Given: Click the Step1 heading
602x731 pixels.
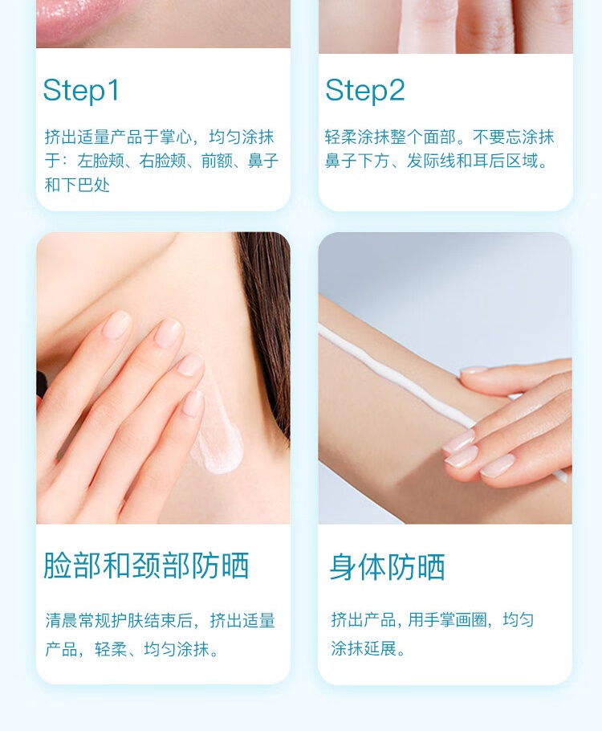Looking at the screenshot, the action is tap(81, 91).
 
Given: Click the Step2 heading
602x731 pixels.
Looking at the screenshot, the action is tap(365, 91).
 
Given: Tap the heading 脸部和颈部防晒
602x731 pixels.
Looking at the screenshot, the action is tap(146, 566).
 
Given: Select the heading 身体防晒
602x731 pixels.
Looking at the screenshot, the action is tap(387, 567).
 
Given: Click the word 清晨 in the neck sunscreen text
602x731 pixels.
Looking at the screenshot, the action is tap(62, 620).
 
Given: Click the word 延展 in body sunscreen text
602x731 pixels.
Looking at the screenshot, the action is tap(380, 648).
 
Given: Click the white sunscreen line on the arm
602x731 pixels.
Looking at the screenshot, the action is tap(396, 377).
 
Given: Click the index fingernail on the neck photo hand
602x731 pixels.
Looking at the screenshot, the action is tap(116, 325).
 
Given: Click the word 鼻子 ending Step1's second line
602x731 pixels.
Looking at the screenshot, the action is tap(263, 161).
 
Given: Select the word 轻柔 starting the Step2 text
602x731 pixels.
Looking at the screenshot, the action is tap(341, 137).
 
